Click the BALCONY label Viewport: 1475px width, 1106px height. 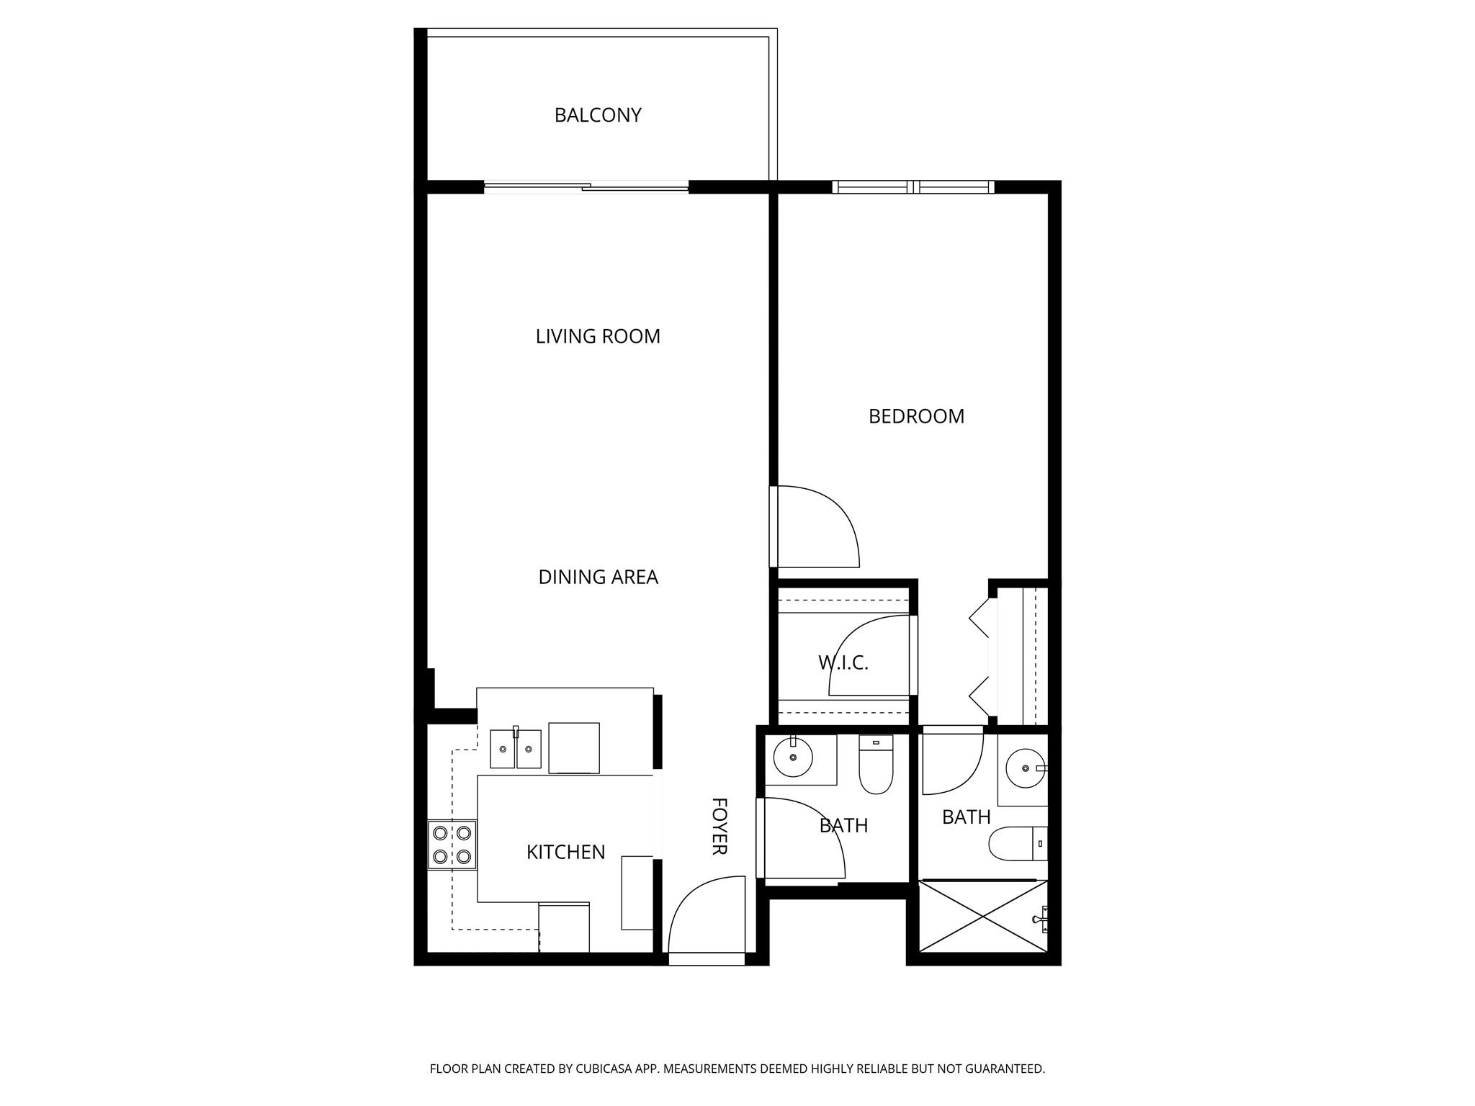(x=597, y=115)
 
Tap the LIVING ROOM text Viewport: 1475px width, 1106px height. (x=597, y=336)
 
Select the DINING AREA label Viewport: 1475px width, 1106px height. (x=598, y=577)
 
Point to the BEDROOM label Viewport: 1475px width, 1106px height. (x=915, y=416)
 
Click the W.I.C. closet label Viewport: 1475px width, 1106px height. (x=843, y=662)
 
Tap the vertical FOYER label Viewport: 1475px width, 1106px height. (x=719, y=826)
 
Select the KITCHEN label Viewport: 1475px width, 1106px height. (x=565, y=853)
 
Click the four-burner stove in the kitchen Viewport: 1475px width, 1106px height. (x=452, y=845)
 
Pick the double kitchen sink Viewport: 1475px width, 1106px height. (x=516, y=749)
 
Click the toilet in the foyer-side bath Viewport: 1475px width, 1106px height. (x=876, y=765)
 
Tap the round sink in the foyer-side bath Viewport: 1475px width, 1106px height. (x=793, y=757)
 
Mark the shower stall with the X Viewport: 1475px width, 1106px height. (x=983, y=916)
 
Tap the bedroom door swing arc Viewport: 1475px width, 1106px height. (x=817, y=526)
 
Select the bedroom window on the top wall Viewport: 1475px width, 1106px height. (x=913, y=187)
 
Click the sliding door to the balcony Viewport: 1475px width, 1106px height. (x=586, y=188)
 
